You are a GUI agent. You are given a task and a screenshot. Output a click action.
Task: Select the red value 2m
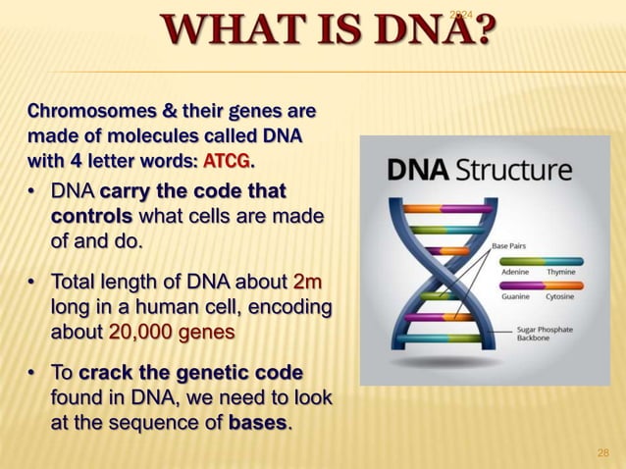(x=307, y=284)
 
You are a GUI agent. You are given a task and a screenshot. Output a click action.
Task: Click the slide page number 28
(x=602, y=452)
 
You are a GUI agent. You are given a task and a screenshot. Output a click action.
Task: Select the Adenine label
(x=517, y=272)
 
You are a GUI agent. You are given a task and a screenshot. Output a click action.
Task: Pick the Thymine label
(x=561, y=272)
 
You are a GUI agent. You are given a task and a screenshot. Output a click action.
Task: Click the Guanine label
(x=517, y=295)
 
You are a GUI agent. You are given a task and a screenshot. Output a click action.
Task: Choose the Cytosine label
(x=561, y=295)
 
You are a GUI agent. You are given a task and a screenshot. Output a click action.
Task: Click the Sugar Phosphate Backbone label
(x=545, y=334)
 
